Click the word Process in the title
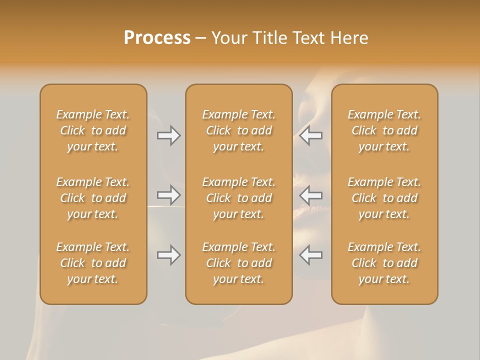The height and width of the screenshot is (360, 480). pos(157,38)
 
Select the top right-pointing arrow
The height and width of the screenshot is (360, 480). pos(168,135)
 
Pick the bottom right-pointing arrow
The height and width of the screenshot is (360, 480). pos(168,255)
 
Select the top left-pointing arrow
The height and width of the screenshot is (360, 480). pos(311,135)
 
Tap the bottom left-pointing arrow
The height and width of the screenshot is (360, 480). pos(311,255)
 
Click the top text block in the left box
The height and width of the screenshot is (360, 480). pos(93,130)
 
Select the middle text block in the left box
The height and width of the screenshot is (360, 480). pos(93,198)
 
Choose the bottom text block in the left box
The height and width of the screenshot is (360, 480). pos(93,263)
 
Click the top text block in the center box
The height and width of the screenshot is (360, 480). pos(239,130)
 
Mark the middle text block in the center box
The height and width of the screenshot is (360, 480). pos(239,198)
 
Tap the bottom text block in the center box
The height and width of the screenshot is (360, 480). pos(239,263)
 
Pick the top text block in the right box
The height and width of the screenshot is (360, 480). pos(384,130)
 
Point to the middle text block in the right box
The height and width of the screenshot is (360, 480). pos(384,198)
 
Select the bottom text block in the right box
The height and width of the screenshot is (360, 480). pos(384,263)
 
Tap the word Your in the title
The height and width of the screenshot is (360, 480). pos(227,38)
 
